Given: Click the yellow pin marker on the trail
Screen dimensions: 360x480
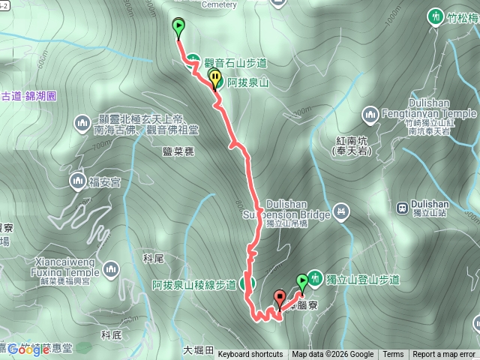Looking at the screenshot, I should [215, 77].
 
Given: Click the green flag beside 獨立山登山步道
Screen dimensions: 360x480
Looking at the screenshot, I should [301, 281].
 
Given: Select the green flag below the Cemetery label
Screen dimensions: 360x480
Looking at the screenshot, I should [178, 27].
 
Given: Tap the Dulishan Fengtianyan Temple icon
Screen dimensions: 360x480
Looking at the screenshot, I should [369, 114].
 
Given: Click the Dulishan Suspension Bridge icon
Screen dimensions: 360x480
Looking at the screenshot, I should [342, 211].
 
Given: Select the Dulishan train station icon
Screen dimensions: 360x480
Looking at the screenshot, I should [402, 208].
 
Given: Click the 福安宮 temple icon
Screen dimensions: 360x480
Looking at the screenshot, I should [77, 180].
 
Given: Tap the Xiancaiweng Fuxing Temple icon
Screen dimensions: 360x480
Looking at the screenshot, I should [111, 268].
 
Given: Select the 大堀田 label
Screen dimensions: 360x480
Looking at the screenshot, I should [198, 350].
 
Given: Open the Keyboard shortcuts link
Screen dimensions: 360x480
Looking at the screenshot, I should [250, 355].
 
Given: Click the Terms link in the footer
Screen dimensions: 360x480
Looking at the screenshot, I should [393, 355].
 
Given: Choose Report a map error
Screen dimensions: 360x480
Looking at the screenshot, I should [444, 355].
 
